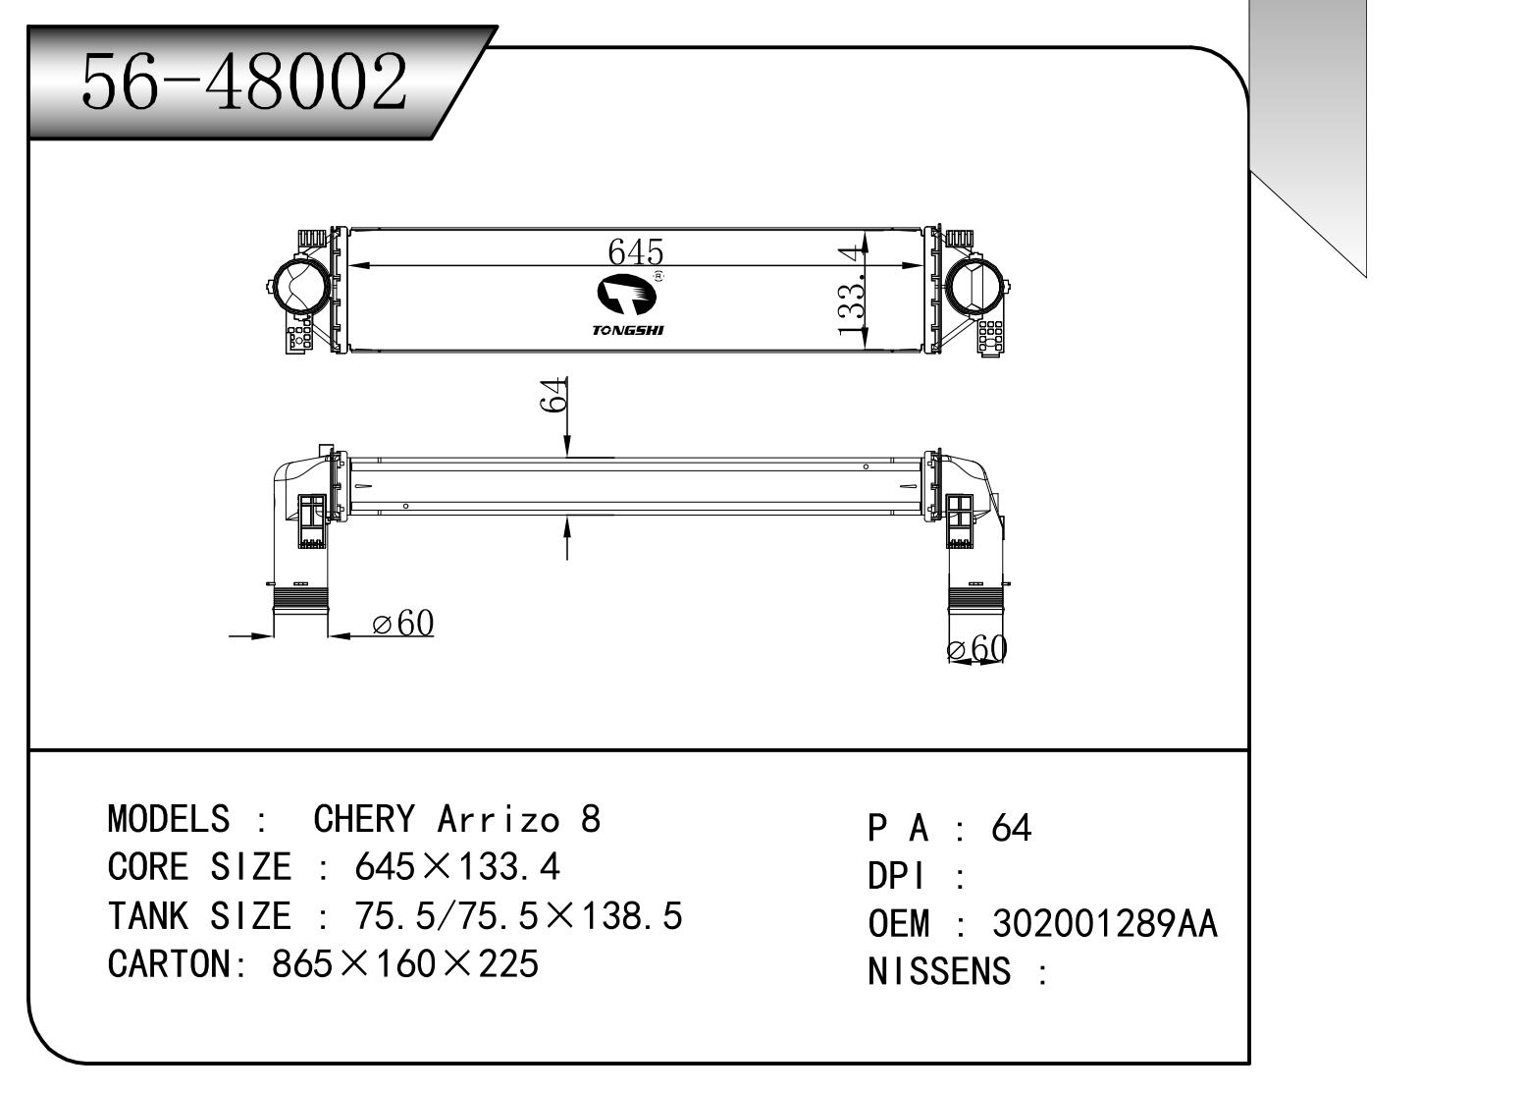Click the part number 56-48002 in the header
tap(243, 82)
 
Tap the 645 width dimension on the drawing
tap(636, 251)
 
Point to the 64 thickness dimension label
tap(554, 395)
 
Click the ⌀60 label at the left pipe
tap(403, 624)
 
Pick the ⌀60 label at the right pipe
tap(977, 648)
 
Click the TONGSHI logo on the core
tap(629, 305)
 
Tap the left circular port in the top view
tap(298, 284)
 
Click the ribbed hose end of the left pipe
tap(298, 596)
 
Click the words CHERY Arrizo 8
tap(456, 819)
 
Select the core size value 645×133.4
tap(456, 867)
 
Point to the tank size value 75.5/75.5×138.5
tap(516, 916)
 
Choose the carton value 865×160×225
tap(405, 964)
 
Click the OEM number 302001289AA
tap(1105, 924)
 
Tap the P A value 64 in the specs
tap(1012, 829)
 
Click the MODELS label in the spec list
tap(168, 819)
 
